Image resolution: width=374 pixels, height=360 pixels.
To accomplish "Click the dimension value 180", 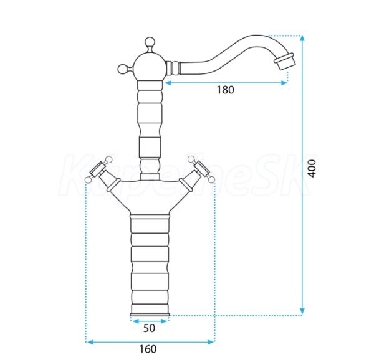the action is pos(226,90).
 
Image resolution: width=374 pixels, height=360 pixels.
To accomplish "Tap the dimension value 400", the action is pos(312,168).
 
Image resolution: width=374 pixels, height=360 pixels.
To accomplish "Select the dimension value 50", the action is pos(150,328).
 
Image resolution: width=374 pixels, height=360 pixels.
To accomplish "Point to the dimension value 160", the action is pos(148,349).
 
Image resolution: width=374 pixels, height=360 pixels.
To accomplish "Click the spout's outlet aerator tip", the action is pos(285,61).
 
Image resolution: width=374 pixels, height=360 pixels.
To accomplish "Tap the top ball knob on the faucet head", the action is pos(150,42).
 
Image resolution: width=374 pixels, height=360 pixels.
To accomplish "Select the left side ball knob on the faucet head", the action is pos(123,69).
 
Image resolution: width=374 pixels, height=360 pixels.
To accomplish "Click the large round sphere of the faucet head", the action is pos(149,67).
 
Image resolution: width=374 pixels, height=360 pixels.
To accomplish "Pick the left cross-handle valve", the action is pos(102,172).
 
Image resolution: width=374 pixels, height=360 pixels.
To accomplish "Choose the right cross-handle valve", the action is pos(197,172).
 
